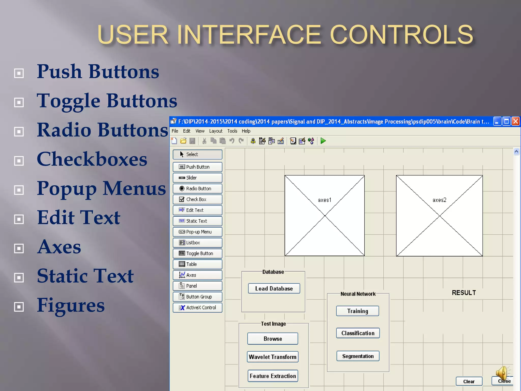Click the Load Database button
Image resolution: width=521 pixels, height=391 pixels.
pyautogui.click(x=274, y=288)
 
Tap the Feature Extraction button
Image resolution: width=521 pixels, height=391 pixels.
pyautogui.click(x=273, y=376)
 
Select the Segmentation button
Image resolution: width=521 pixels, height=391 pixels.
pyautogui.click(x=358, y=356)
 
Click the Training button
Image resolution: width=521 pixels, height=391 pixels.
pyautogui.click(x=357, y=311)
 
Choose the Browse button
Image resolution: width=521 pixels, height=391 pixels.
pyautogui.click(x=273, y=339)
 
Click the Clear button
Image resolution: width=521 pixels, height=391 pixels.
pyautogui.click(x=469, y=381)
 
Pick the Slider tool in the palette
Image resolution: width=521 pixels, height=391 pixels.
pyautogui.click(x=197, y=178)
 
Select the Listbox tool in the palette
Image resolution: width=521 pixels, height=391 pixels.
pyautogui.click(x=197, y=243)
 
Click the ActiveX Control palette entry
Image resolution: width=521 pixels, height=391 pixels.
pyautogui.click(x=197, y=308)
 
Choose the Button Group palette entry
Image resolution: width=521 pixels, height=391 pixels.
pyautogui.click(x=197, y=297)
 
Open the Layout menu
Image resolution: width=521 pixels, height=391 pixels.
pyautogui.click(x=216, y=131)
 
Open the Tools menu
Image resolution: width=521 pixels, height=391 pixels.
pyautogui.click(x=232, y=131)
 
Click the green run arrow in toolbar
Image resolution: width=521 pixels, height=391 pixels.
pyautogui.click(x=323, y=141)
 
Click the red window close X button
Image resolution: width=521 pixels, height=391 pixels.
pyautogui.click(x=516, y=121)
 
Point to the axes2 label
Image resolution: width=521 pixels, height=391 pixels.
pyautogui.click(x=439, y=200)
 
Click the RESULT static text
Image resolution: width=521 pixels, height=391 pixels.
pyautogui.click(x=464, y=293)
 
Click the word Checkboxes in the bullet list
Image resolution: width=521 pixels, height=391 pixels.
pyautogui.click(x=92, y=159)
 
